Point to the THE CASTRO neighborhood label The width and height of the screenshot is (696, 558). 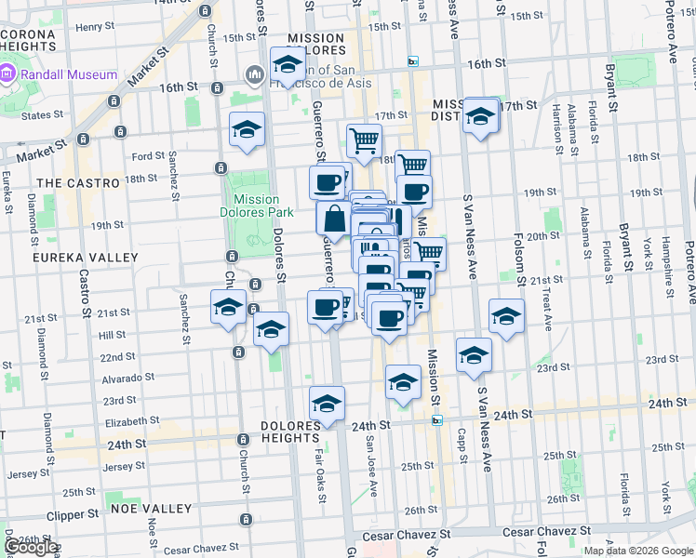coord(78,183)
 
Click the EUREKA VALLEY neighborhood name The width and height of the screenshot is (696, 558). coord(73,256)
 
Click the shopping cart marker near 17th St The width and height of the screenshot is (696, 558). coord(364,141)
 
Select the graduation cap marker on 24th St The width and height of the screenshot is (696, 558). coord(327,404)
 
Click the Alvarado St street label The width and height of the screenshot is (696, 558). coord(127,379)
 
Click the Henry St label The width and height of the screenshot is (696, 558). coord(95,27)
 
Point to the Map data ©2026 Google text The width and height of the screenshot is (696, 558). coord(638,551)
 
